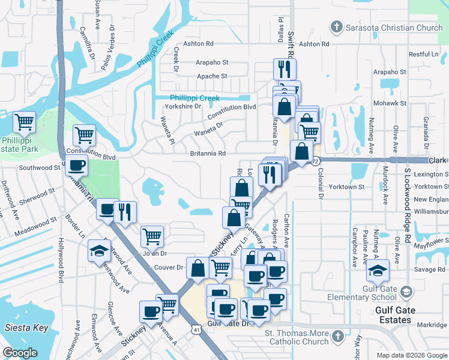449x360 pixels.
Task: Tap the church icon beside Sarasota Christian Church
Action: (336, 27)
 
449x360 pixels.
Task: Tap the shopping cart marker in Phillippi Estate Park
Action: (25, 122)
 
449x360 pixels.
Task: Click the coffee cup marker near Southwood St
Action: (77, 165)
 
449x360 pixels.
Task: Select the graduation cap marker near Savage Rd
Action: (378, 270)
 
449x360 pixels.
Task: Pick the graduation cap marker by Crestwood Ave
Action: (99, 251)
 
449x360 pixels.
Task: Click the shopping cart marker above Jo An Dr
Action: (152, 236)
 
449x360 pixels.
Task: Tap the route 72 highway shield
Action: (316, 161)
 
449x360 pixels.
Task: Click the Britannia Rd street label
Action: (208, 154)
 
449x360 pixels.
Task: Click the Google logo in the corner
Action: (20, 353)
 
